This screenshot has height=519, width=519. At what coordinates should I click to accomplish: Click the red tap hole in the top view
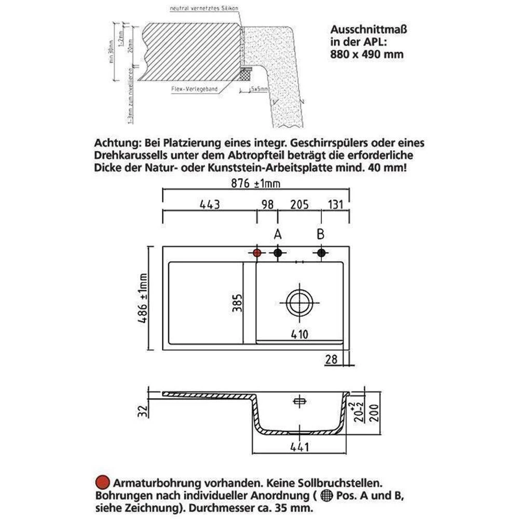256,253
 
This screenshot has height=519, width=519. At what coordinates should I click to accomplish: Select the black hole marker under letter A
278,253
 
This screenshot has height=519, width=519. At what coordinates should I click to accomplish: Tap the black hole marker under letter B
321,253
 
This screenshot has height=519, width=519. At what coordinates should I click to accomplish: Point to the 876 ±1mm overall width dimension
256,184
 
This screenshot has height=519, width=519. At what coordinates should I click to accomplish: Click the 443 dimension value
210,204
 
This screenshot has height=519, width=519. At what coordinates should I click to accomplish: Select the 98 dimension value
267,204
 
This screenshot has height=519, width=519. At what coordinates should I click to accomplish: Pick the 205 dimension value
299,204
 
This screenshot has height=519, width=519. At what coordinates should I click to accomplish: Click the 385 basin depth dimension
236,301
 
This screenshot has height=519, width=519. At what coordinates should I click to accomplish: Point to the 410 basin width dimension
299,334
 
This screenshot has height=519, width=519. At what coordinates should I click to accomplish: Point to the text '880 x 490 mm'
366,53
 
